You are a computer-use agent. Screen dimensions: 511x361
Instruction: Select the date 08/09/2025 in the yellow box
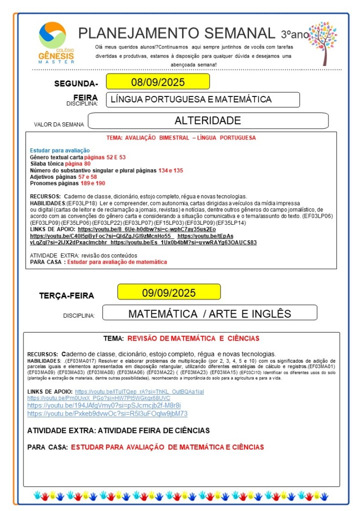(157, 82)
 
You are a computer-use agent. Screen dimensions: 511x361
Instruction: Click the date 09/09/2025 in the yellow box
(168, 293)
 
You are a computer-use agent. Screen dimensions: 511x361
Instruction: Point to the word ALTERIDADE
(207, 120)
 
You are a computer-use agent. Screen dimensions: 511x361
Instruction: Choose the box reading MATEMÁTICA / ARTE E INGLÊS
(209, 314)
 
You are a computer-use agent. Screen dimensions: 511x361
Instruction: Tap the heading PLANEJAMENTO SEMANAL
(176, 33)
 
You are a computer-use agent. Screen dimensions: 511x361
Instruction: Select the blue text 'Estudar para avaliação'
(59, 150)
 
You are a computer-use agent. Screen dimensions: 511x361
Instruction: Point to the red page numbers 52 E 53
(115, 157)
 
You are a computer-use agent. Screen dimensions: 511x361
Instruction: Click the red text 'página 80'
(77, 164)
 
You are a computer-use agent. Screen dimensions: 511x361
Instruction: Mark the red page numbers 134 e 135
(170, 170)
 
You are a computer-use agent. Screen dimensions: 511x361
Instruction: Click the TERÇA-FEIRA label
(66, 296)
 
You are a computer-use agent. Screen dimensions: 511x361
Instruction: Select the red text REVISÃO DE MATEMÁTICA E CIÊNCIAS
(193, 339)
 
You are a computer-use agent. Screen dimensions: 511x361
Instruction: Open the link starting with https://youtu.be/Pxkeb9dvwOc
(107, 414)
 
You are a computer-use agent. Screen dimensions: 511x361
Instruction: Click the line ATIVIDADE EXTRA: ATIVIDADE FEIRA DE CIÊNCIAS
(118, 431)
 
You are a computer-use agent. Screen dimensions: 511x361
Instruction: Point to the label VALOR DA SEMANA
(59, 124)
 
